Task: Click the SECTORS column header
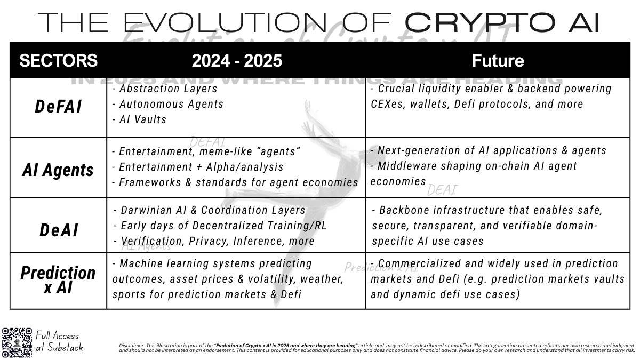58,60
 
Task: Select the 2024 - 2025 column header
236,60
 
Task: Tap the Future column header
498,60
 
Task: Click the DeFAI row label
58,107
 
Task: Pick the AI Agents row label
58,170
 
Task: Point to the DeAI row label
58,230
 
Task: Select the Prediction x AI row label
58,280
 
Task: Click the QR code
17,341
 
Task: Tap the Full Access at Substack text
59,341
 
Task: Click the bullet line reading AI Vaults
141,119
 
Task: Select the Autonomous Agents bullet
168,104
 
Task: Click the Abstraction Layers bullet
165,89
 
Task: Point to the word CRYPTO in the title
477,22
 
